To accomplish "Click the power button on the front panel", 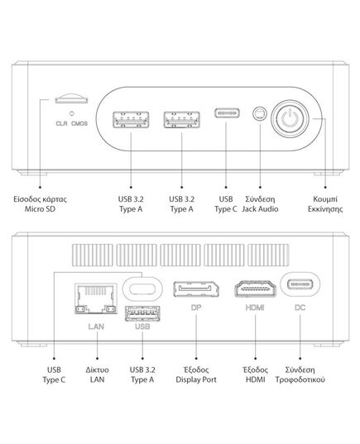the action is coord(290,118).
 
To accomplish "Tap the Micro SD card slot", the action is coord(71,99).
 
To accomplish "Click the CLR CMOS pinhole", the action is coord(72,113).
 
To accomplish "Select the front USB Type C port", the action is coord(227,113).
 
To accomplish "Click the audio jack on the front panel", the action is coord(260,114).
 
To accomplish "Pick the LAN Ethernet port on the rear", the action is coord(96,298).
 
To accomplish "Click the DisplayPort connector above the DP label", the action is coord(196,289).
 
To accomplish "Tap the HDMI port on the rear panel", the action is coord(255,289).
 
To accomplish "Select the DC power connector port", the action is coord(300,284).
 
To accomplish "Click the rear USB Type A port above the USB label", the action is coord(142,313).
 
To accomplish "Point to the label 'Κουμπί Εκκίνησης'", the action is coord(325,204).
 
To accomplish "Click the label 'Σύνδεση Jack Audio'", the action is coord(260,204).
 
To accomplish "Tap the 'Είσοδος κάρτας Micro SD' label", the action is coord(40,204).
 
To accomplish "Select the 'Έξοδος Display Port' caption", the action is coord(196,375).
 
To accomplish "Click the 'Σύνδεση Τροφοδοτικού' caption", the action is coord(300,375).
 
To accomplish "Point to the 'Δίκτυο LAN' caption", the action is coord(97,375).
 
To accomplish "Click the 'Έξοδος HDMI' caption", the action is coord(255,375).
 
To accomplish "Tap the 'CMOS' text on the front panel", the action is coord(79,123).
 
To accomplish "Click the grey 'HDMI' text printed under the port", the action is coord(255,308).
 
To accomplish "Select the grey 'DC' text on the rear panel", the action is coord(300,308).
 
